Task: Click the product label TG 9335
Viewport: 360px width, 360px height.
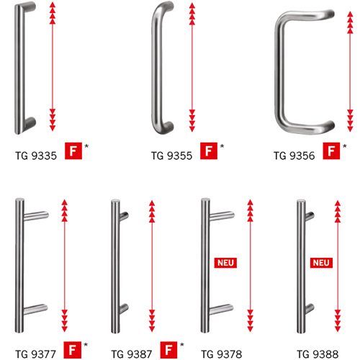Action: pos(36,156)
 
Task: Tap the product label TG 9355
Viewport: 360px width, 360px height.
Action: pos(171,156)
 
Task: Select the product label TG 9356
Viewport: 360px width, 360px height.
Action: pos(294,156)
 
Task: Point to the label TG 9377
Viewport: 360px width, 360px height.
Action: pos(35,354)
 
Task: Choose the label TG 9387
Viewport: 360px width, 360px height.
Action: pos(132,354)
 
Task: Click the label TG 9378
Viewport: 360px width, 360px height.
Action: pos(222,354)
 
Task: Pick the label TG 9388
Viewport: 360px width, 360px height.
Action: pos(318,354)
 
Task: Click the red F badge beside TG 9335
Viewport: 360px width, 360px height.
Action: pos(73,151)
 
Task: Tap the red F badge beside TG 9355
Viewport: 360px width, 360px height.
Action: pos(209,151)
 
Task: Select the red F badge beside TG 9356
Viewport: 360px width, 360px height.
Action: pos(331,151)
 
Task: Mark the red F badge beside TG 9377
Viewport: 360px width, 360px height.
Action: pos(72,350)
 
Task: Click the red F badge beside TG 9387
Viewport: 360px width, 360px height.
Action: pos(168,350)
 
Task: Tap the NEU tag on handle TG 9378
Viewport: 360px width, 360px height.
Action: pos(225,263)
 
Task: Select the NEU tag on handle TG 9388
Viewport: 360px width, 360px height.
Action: pos(321,263)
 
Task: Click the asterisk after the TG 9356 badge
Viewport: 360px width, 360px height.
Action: pos(345,146)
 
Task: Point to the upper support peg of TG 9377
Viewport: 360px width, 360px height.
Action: pos(36,216)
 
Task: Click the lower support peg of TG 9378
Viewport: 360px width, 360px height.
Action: pos(221,309)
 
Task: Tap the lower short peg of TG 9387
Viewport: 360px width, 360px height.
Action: pos(124,309)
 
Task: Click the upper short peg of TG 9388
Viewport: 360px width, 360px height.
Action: pos(310,217)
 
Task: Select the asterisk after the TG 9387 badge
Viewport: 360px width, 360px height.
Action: pos(182,345)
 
